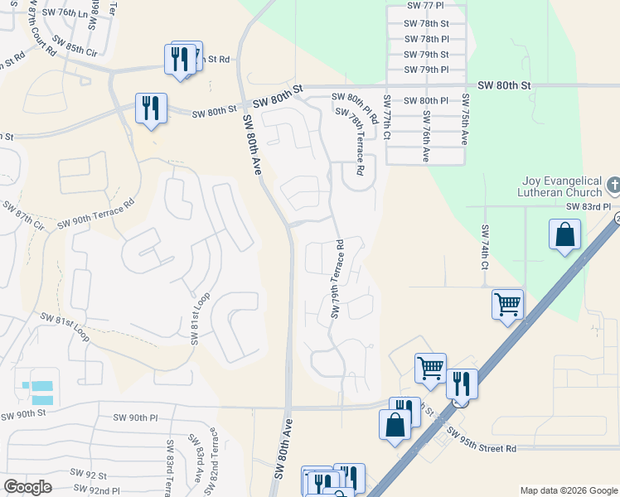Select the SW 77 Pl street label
[427, 6]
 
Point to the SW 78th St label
[428, 24]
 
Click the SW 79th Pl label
[427, 70]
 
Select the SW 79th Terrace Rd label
[337, 280]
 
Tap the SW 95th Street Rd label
[481, 441]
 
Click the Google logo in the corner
[28, 487]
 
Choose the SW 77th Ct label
[387, 128]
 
